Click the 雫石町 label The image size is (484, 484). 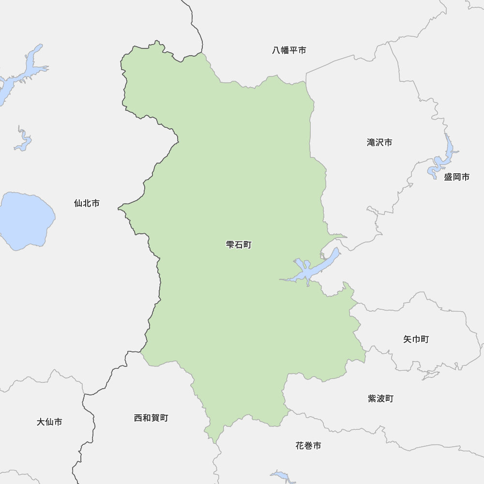239,245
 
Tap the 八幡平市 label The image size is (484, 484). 289,50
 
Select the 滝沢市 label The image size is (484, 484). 379,142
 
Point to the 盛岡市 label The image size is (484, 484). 456,177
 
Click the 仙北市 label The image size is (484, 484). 87,203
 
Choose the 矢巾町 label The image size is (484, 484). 416,339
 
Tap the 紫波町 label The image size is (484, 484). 380,399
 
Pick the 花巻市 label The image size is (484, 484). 308,446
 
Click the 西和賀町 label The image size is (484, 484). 151,418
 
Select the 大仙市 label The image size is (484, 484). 49,422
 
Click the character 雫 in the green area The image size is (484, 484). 230,245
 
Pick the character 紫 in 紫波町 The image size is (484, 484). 372,399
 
